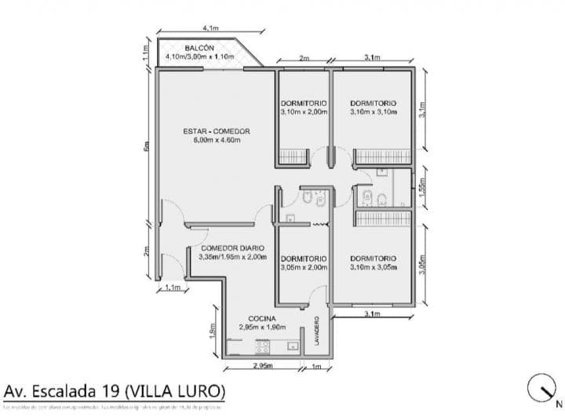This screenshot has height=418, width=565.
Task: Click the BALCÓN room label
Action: (x=199, y=49)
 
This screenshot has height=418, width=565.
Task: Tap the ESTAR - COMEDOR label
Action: (x=216, y=131)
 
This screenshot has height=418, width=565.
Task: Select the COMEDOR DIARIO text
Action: (x=232, y=248)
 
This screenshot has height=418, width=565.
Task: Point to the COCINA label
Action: (x=261, y=318)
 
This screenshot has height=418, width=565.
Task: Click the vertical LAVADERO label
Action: (x=317, y=331)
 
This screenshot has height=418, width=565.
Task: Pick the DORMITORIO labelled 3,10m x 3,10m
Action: (x=373, y=103)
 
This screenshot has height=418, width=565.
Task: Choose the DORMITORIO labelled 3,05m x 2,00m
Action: (x=304, y=258)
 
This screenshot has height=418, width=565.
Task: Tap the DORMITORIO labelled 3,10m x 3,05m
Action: (x=373, y=258)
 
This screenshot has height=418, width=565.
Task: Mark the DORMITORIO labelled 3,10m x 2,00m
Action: (x=304, y=103)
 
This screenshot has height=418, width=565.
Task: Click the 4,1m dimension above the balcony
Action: (x=210, y=28)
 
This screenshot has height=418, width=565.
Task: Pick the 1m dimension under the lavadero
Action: (x=316, y=366)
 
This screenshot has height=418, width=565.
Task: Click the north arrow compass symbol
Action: (x=542, y=387)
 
